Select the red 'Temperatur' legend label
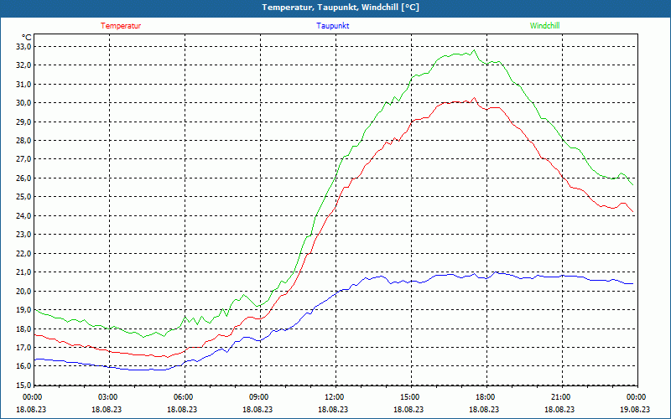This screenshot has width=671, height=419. coord(121,26)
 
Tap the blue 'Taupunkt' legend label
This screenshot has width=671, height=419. coord(332,26)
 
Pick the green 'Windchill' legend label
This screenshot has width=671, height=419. coord(545,26)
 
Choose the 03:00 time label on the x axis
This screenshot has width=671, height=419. coord(108,397)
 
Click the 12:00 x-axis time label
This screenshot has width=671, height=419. coord(335,397)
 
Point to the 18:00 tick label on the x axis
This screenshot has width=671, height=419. coord(485,397)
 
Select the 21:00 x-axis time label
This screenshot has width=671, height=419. coord(560,397)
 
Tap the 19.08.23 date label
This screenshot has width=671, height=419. coord(636,410)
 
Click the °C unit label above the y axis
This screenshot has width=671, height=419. coord(27,37)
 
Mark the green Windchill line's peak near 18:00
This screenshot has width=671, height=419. coord(475,50)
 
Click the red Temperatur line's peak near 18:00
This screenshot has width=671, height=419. coord(475,98)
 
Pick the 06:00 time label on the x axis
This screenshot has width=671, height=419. coord(184,397)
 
